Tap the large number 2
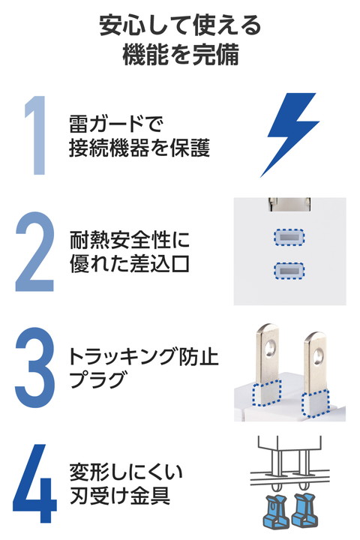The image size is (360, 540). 34,252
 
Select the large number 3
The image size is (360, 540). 34,367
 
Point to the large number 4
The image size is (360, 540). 34,483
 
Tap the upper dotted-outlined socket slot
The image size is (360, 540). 289,237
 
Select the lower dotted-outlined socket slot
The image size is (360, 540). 289,271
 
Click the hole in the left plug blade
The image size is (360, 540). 271,348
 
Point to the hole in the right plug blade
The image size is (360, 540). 318,356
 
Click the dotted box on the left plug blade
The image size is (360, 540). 266,393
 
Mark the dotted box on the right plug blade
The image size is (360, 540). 315,403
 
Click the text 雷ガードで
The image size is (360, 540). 115,124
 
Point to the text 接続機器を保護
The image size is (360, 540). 139,148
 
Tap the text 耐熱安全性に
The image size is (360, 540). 130,240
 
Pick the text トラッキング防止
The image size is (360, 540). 144,356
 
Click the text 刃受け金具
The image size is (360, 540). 120,496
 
